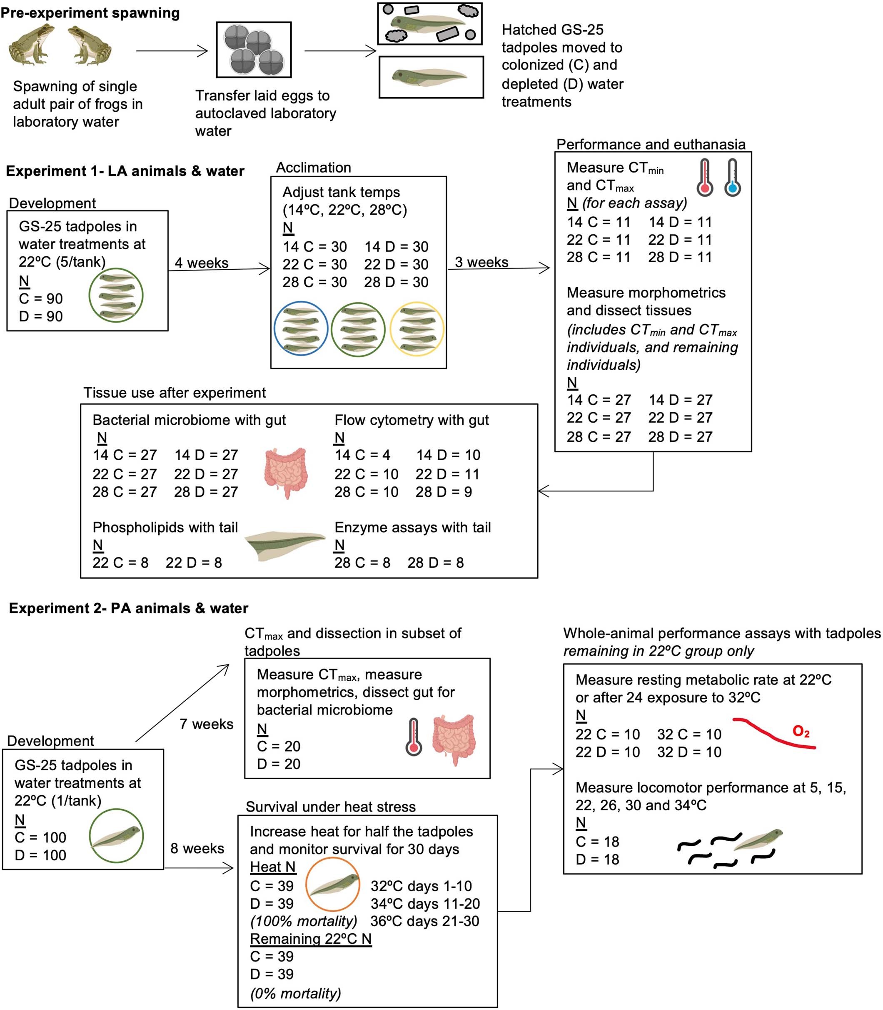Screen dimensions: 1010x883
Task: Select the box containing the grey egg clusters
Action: tap(254, 50)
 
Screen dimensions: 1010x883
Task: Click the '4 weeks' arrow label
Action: tap(202, 263)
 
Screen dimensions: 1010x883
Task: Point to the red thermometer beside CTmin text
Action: tap(705, 178)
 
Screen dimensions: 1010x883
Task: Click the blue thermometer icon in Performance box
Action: tap(732, 178)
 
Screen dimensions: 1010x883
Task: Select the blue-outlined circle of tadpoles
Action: tap(301, 328)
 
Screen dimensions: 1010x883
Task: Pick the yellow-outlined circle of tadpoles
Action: tap(417, 328)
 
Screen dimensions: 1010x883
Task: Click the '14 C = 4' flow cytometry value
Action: tap(362, 455)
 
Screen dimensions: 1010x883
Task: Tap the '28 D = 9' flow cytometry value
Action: tap(443, 492)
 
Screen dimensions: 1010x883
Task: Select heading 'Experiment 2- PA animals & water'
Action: tap(129, 608)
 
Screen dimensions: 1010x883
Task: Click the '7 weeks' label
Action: tap(206, 724)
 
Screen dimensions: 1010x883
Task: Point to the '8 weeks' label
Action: tap(197, 848)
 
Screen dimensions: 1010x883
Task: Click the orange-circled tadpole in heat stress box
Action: tap(333, 884)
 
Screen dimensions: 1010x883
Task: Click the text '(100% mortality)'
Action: tap(304, 921)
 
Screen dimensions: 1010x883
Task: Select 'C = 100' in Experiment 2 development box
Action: tap(40, 837)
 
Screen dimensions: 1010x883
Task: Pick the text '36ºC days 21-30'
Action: tap(424, 921)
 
